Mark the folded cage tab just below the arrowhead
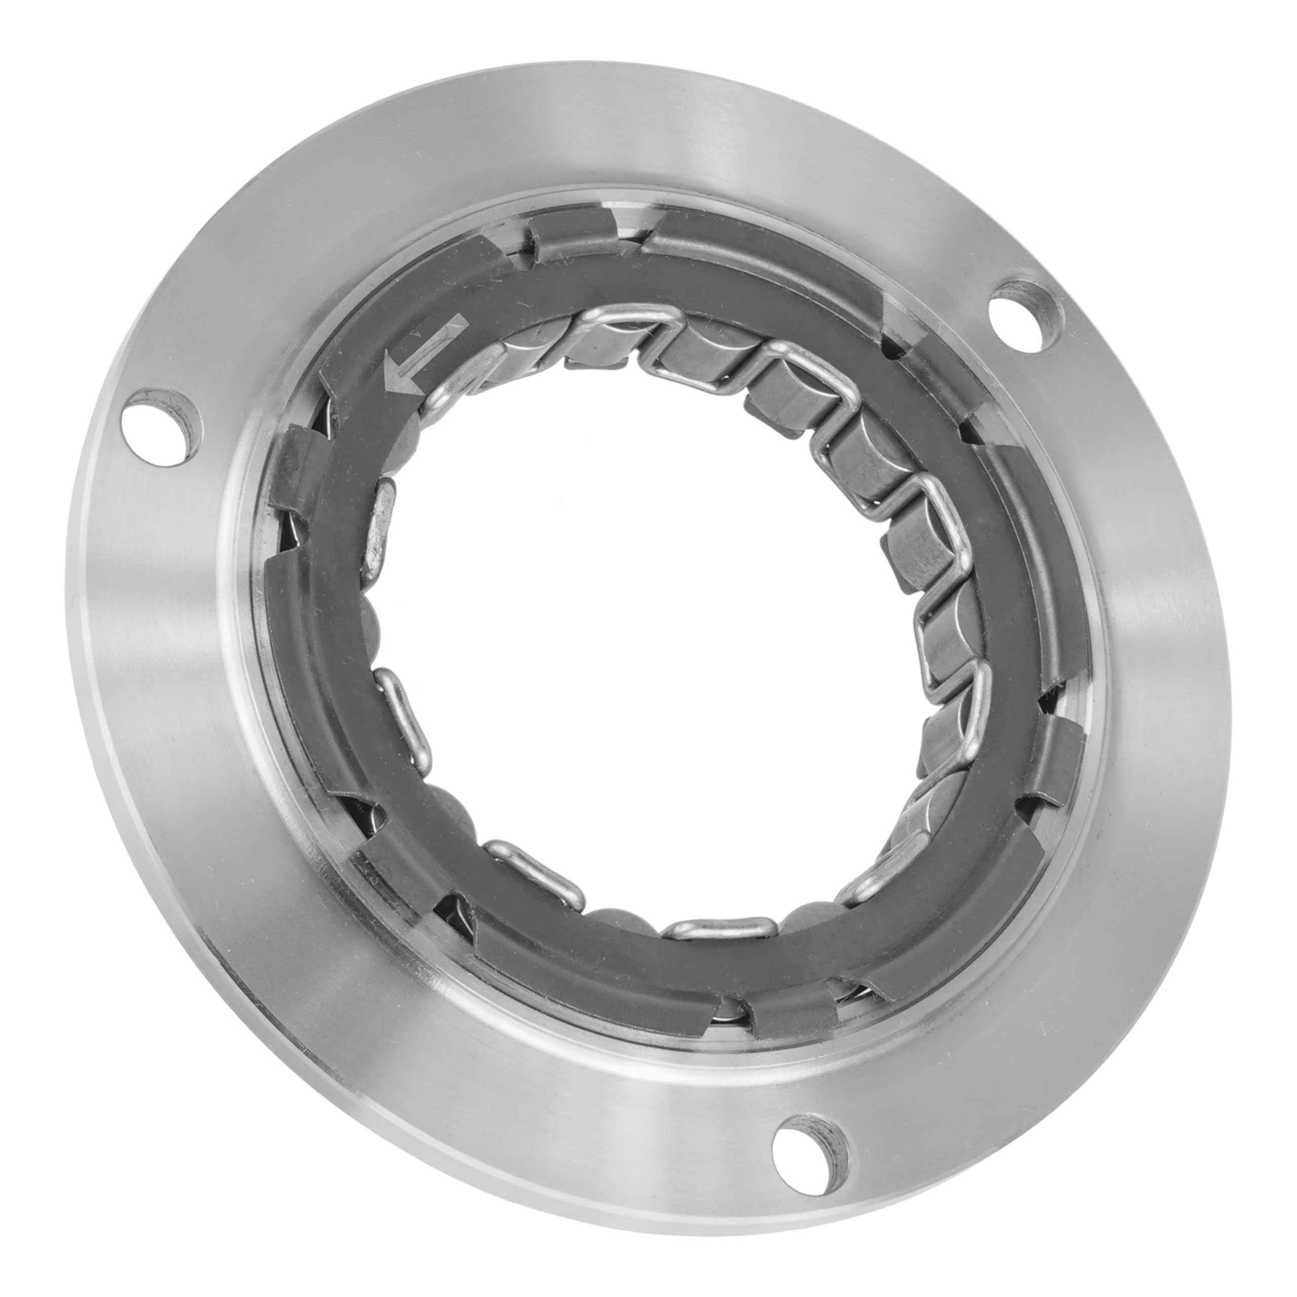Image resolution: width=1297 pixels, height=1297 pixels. [299, 463]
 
